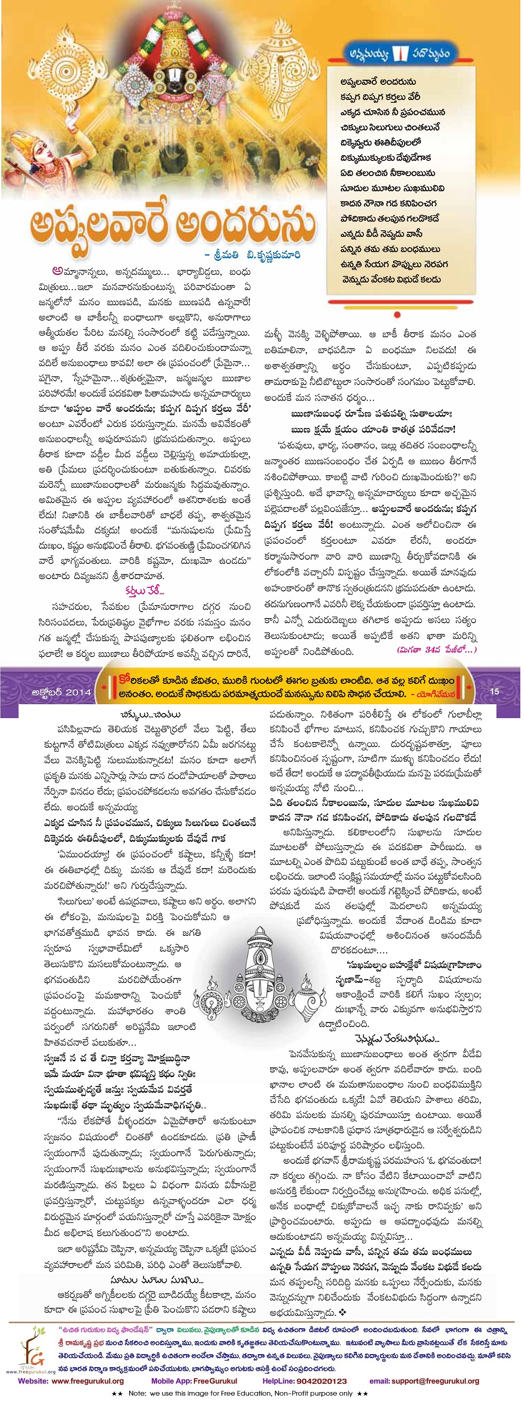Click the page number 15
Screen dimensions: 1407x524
click(494, 691)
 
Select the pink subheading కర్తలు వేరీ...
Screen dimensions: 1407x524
click(143, 590)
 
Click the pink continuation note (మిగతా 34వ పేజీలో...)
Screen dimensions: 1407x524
click(436, 650)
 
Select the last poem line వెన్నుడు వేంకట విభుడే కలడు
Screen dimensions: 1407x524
click(391, 279)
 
